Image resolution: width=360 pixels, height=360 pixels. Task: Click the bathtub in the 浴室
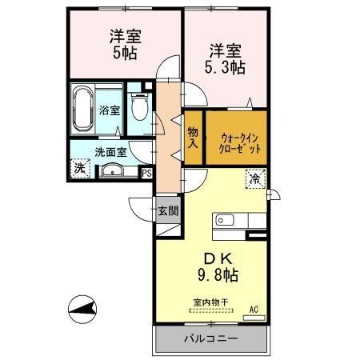tap(83, 110)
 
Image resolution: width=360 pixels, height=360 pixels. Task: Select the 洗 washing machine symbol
tap(79, 168)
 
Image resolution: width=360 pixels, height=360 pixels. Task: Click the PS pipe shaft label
tap(146, 170)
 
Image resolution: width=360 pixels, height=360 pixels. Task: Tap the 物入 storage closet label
tap(193, 138)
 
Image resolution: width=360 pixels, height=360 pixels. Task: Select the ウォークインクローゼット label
tap(240, 141)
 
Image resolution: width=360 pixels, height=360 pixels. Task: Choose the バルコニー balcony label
tap(210, 338)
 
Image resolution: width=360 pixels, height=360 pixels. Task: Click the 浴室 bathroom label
tap(110, 110)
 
